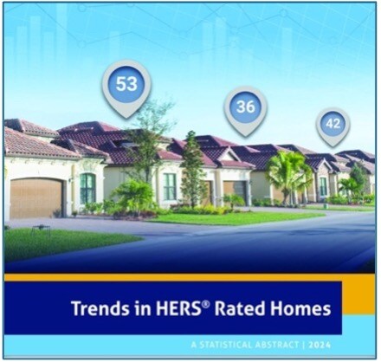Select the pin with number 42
[x=333, y=124]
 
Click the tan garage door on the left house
[x=36, y=197]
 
